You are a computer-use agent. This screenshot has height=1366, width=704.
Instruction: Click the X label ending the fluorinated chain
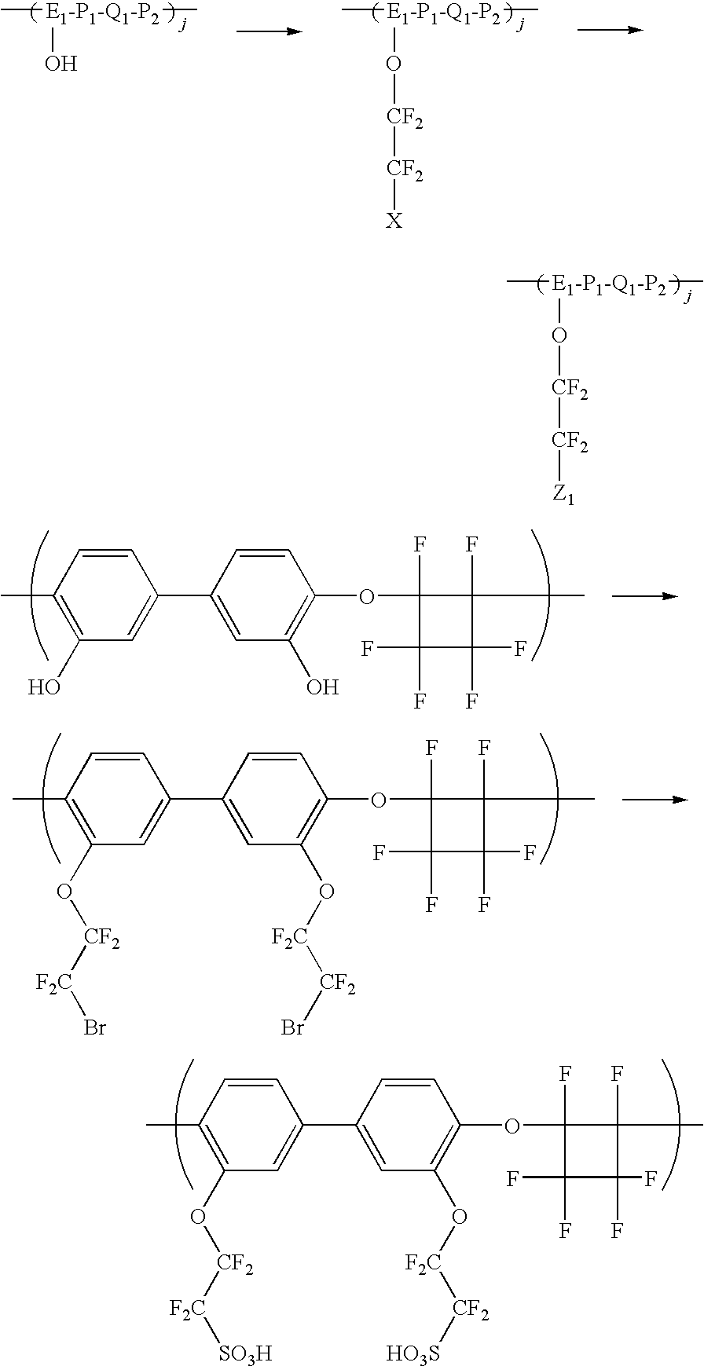tap(394, 222)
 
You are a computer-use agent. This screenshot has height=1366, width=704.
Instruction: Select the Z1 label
tap(563, 496)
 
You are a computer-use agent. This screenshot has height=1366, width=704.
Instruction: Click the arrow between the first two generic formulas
tap(269, 31)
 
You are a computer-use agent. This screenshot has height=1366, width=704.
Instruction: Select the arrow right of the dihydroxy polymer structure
tap(644, 596)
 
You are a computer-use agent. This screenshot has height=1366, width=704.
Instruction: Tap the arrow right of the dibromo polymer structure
tap(654, 800)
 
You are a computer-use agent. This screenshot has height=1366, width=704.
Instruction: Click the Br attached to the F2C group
tap(95, 1027)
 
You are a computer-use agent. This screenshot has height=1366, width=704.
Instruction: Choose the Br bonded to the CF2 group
tap(293, 1027)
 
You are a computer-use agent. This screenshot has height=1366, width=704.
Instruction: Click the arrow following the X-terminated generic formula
tap(610, 30)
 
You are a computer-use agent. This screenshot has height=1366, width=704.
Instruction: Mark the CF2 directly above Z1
tap(570, 442)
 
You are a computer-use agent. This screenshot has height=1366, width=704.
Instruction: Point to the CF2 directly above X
tap(405, 170)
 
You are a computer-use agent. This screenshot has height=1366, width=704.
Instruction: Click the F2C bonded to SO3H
tap(189, 1309)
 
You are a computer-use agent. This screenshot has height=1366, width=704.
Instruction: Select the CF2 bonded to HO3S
tap(471, 1309)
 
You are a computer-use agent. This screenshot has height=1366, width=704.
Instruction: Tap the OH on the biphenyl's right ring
tap(322, 688)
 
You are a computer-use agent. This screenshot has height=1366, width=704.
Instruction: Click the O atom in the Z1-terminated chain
tap(559, 336)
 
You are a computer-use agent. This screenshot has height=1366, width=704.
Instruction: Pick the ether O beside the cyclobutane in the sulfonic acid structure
tap(511, 1126)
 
